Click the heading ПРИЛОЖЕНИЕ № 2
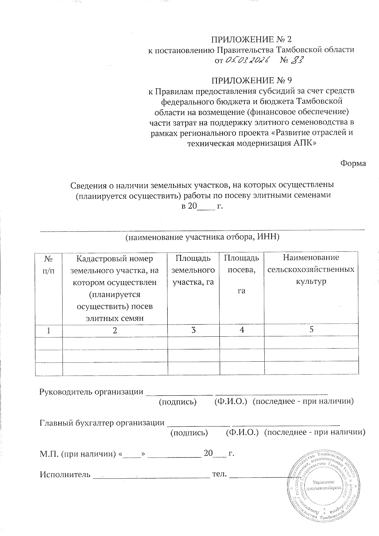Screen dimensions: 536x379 tap(251, 39)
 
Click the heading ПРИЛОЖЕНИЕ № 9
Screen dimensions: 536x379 tap(251, 81)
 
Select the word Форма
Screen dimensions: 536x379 tap(353, 164)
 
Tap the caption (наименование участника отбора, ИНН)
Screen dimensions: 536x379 tap(202, 238)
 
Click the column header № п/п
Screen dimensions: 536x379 tap(49, 265)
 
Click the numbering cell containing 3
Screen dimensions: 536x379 tap(193, 330)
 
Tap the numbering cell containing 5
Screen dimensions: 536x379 tap(311, 330)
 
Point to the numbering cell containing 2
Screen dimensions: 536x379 tap(115, 330)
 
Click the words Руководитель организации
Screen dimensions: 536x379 tap(91, 392)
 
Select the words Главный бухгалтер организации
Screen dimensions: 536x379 tap(102, 423)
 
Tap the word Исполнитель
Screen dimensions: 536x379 tap(65, 475)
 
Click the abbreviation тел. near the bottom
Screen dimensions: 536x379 tap(220, 474)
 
